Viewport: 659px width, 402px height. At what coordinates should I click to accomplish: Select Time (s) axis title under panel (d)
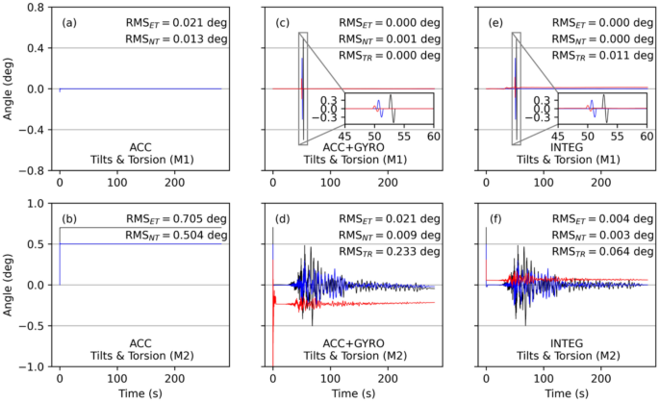tap(352, 394)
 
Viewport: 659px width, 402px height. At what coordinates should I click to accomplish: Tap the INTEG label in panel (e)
tap(566, 147)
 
